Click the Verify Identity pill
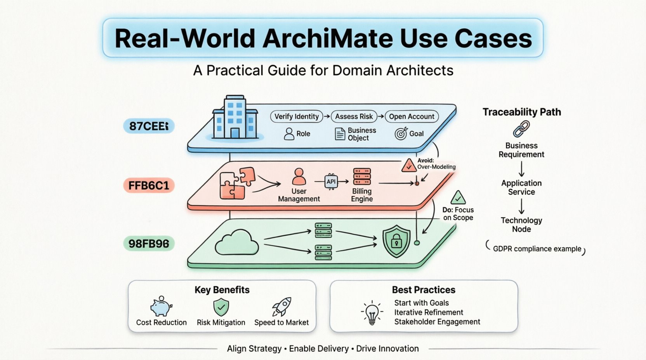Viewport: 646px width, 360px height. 296,116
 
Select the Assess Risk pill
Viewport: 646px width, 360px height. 354,116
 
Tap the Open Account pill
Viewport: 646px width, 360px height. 412,116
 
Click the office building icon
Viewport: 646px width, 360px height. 235,117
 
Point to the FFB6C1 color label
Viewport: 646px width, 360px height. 149,185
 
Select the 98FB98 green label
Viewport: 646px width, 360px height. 149,244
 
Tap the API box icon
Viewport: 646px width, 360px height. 331,182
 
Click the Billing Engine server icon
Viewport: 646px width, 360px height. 362,177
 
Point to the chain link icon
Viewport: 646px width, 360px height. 521,129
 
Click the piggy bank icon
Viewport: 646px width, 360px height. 161,307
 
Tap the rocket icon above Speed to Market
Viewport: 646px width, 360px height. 282,306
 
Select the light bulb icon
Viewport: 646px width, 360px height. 372,312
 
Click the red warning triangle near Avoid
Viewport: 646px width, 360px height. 408,166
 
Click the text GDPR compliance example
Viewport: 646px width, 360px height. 537,249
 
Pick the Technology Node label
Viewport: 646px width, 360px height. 521,225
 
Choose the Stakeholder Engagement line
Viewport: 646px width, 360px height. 437,322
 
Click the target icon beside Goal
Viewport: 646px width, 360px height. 401,134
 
